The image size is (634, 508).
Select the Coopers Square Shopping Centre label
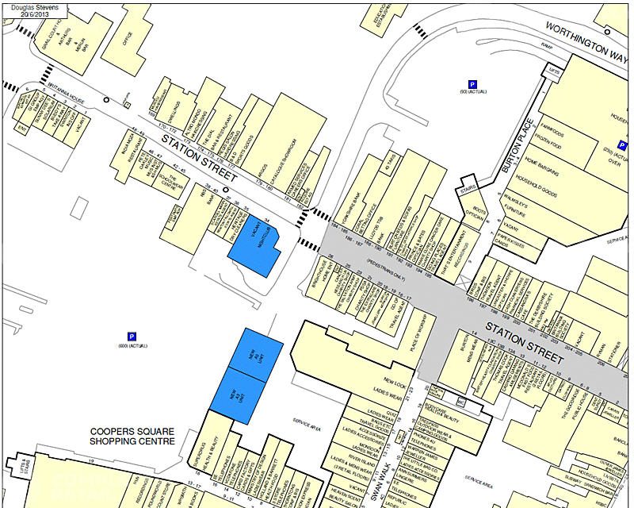click(x=132, y=436)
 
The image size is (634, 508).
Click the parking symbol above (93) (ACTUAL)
click(x=473, y=84)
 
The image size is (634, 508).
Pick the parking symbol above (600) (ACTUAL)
click(x=132, y=337)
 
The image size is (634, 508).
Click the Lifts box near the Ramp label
click(x=553, y=71)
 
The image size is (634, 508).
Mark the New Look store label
click(x=394, y=381)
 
